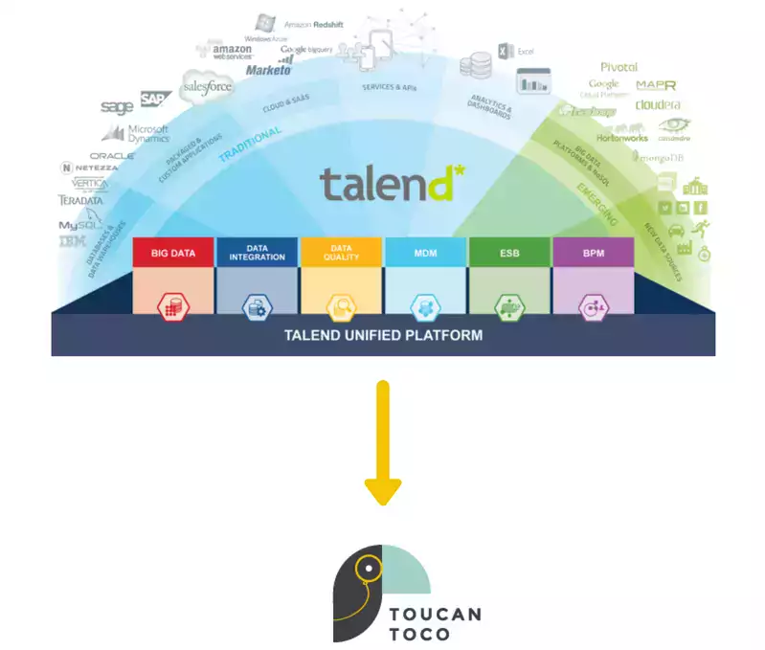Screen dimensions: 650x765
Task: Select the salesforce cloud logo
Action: tap(208, 87)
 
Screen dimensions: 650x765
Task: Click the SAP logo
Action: tap(153, 99)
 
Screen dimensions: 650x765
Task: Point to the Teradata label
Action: tap(80, 201)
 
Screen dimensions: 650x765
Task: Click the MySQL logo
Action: tap(79, 225)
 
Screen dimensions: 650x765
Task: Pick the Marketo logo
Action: tap(268, 70)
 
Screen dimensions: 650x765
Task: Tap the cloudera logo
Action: tap(658, 104)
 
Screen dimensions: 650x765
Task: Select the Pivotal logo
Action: tap(619, 67)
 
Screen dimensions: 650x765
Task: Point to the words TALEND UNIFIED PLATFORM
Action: tap(383, 335)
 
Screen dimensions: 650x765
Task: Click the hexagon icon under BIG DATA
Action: tap(173, 306)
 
